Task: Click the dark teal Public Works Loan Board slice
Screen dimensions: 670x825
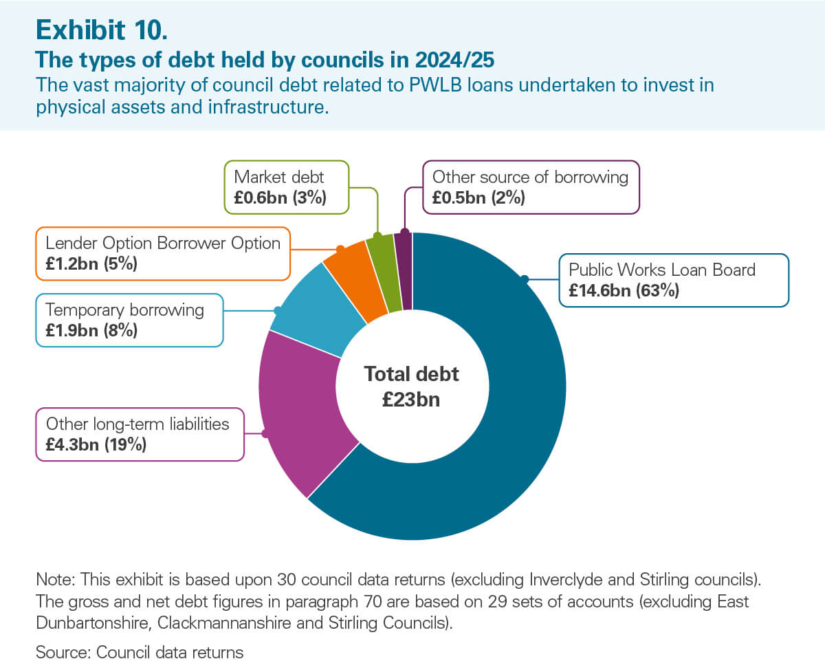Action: coord(495,413)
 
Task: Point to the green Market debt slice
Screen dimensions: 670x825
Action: coord(382,272)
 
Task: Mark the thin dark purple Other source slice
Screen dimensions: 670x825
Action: coord(404,270)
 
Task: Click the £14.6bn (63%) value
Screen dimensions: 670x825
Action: coord(624,290)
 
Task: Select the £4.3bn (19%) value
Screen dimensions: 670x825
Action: coord(96,444)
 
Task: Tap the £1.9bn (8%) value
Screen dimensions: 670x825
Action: coord(91,331)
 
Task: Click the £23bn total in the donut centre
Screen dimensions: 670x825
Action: coord(411,400)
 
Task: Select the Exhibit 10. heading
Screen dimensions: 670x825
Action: coord(100,30)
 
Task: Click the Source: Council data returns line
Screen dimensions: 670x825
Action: coord(139,652)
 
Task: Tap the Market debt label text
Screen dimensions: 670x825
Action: coord(280,177)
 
